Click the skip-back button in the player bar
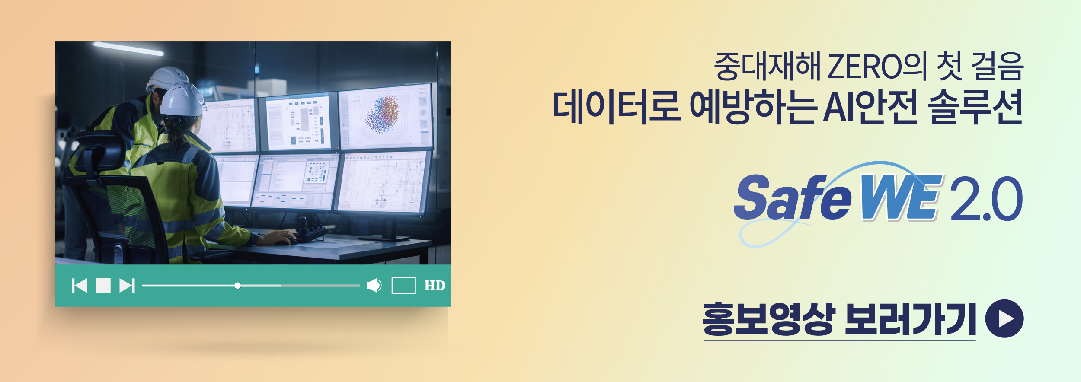point(79,286)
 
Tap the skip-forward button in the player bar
point(127,286)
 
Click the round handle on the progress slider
point(237,286)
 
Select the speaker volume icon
point(374,285)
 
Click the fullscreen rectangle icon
point(404,286)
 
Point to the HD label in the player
point(435,286)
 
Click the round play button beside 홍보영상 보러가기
point(1004,318)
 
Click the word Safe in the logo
point(792,197)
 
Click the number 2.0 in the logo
point(986,198)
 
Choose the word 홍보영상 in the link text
point(768,319)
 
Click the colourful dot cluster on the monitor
point(383,114)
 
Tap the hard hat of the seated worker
point(182,100)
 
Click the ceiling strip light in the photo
point(128,49)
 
